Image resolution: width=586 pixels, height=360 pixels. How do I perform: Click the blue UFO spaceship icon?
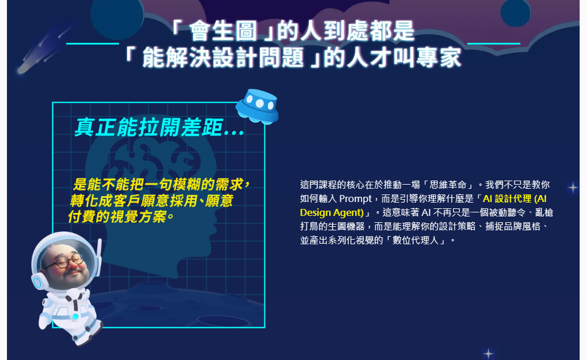257,106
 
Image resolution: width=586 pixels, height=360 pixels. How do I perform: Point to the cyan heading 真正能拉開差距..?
149,127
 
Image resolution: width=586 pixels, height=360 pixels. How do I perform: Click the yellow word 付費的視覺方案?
117,216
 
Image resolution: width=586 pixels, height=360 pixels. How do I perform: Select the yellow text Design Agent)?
332,212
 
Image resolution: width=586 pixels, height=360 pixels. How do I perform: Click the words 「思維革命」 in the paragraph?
448,185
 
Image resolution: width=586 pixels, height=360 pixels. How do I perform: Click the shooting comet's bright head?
23,69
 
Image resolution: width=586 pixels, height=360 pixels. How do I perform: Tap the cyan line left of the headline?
93,44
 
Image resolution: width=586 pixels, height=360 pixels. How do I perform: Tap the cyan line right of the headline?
493,44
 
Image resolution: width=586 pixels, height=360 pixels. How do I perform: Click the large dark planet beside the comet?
117,16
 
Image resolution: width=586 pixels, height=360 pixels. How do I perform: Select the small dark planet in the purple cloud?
515,12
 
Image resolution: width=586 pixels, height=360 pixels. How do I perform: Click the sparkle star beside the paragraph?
573,188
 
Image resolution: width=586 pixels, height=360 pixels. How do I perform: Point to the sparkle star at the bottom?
488,353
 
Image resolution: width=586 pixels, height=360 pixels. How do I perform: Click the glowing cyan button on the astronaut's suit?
76,317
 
